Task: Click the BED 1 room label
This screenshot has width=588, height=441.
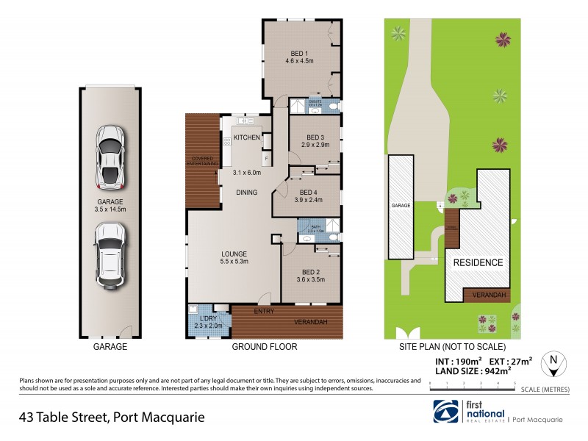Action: (298, 53)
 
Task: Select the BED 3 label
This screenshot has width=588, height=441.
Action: (314, 137)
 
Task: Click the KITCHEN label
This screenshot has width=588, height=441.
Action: (247, 137)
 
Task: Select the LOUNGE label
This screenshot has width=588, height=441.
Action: (235, 254)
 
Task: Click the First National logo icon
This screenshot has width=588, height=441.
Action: (448, 411)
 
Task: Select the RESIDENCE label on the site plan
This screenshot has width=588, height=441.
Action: (477, 262)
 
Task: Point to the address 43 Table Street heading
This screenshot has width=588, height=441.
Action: (112, 417)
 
